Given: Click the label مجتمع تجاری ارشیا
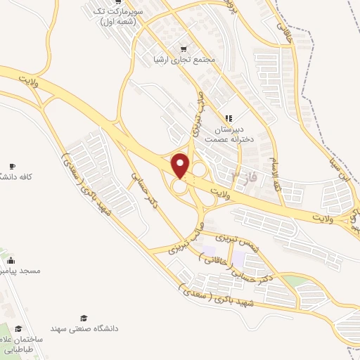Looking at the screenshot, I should pyautogui.click(x=185, y=60).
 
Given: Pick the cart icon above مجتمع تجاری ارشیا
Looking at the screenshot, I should pyautogui.click(x=184, y=49).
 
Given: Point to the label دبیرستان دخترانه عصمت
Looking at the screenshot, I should pyautogui.click(x=227, y=134).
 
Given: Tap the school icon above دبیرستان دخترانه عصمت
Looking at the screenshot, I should pyautogui.click(x=228, y=118).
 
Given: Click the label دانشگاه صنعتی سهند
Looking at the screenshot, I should pyautogui.click(x=84, y=328).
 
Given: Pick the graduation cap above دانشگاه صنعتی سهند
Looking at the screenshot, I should pyautogui.click(x=84, y=318).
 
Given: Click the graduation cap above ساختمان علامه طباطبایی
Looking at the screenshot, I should pyautogui.click(x=19, y=328).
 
